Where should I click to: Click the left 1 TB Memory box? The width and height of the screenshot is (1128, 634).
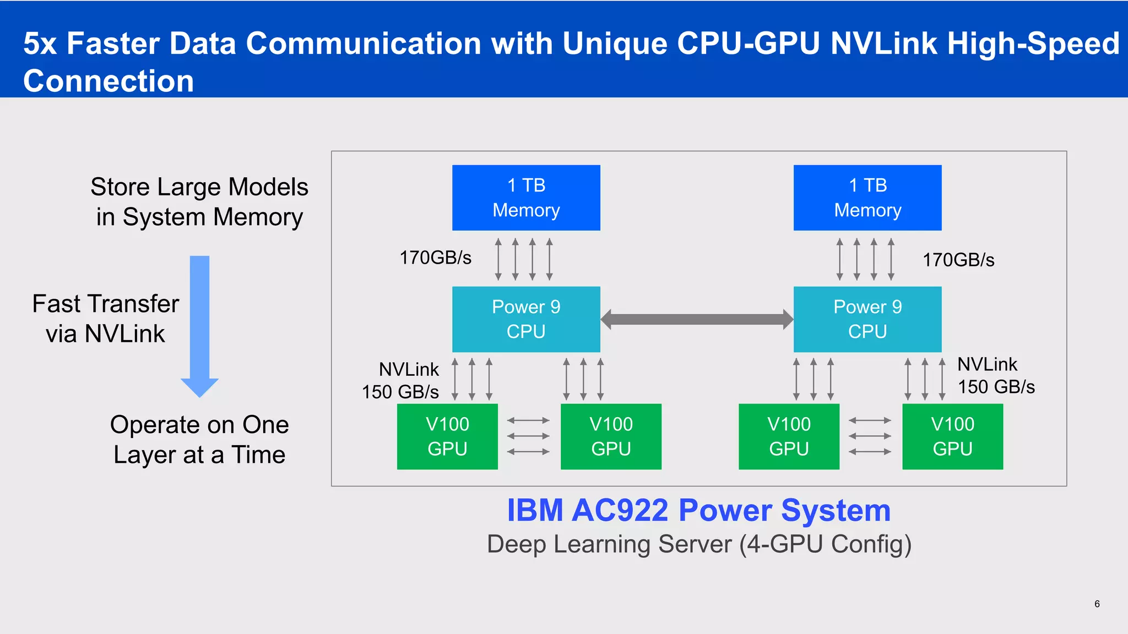pyautogui.click(x=526, y=198)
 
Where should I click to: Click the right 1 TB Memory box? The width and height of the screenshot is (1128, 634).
pyautogui.click(x=867, y=198)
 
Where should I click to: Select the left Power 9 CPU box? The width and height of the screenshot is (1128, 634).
pyautogui.click(x=526, y=319)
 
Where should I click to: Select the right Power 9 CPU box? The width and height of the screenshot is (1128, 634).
pyautogui.click(x=867, y=319)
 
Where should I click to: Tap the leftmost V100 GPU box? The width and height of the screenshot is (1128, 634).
pyautogui.click(x=447, y=436)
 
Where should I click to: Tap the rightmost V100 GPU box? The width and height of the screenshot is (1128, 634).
pyautogui.click(x=952, y=436)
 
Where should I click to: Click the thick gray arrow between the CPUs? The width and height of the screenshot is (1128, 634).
pyautogui.click(x=697, y=319)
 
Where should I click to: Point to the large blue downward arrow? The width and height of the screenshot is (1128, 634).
pyautogui.click(x=199, y=325)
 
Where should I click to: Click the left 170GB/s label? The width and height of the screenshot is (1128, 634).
pyautogui.click(x=435, y=258)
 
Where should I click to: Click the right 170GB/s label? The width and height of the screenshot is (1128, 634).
pyautogui.click(x=958, y=260)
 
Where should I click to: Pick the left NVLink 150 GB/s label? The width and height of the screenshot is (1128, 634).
pyautogui.click(x=401, y=380)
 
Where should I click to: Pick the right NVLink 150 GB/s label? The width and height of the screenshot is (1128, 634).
pyautogui.click(x=995, y=375)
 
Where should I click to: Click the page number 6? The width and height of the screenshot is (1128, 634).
pyautogui.click(x=1097, y=604)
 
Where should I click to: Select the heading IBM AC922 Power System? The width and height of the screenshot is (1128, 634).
pyautogui.click(x=698, y=510)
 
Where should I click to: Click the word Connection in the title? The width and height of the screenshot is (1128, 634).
pyautogui.click(x=109, y=81)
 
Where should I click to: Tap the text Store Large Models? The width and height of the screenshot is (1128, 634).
pyautogui.click(x=199, y=187)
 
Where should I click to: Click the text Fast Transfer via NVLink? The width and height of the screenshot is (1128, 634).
pyautogui.click(x=105, y=319)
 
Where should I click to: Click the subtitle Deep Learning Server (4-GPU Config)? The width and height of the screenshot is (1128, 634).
pyautogui.click(x=699, y=544)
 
